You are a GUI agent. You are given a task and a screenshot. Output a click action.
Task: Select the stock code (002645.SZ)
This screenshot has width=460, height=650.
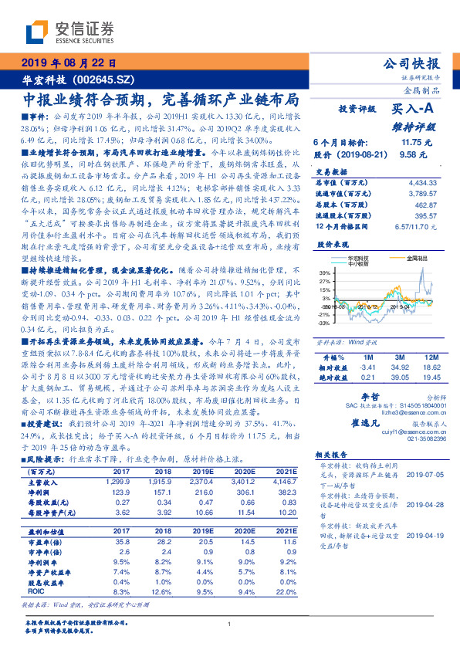pyautogui.click(x=104, y=80)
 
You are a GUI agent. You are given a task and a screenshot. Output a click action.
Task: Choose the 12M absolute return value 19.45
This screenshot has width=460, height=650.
pyautogui.click(x=431, y=378)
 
